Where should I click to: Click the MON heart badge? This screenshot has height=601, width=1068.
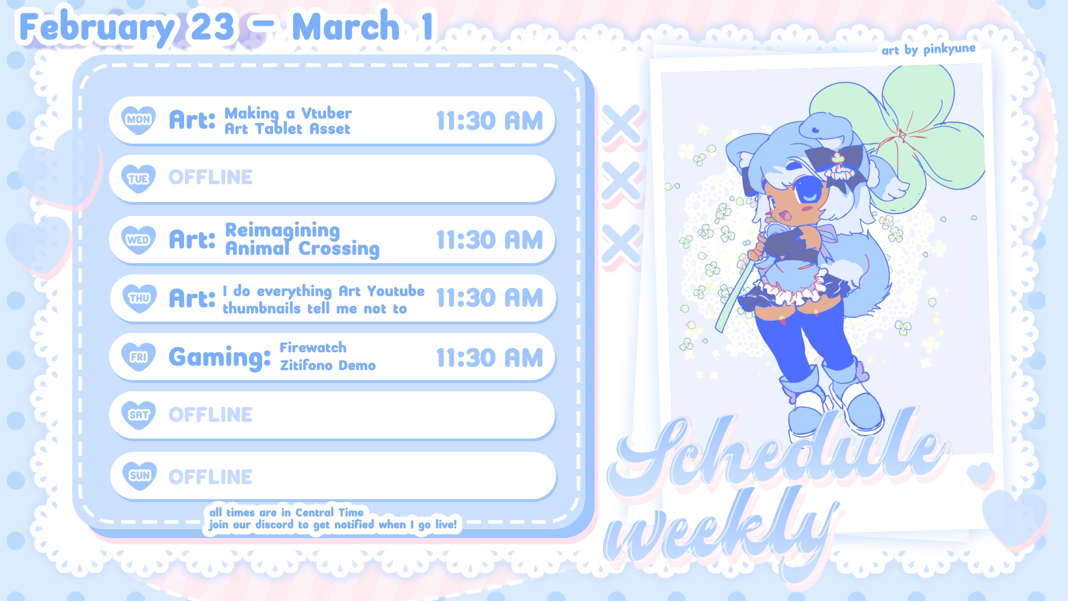pyautogui.click(x=139, y=120)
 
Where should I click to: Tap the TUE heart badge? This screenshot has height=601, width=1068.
pyautogui.click(x=139, y=179)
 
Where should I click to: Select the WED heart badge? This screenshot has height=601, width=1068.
pyautogui.click(x=139, y=240)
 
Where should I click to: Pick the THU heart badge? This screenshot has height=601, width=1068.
pyautogui.click(x=139, y=298)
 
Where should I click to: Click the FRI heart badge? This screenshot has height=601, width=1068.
pyautogui.click(x=139, y=357)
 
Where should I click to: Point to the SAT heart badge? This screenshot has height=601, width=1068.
pyautogui.click(x=139, y=415)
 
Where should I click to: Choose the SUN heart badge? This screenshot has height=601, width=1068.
pyautogui.click(x=140, y=476)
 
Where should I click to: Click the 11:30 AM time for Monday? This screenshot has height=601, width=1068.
pyautogui.click(x=489, y=121)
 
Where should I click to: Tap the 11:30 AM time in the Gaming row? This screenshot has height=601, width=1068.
pyautogui.click(x=489, y=358)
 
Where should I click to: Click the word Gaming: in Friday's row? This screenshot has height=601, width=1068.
pyautogui.click(x=220, y=358)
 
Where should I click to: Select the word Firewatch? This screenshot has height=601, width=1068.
pyautogui.click(x=313, y=348)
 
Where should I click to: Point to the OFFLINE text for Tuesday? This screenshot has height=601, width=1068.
pyautogui.click(x=210, y=178)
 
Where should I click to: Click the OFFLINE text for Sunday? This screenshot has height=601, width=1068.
pyautogui.click(x=210, y=477)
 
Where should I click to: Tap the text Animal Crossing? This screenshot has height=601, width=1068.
pyautogui.click(x=302, y=249)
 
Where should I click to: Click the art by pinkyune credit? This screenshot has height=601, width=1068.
pyautogui.click(x=928, y=50)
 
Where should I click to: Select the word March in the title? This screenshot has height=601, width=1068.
pyautogui.click(x=346, y=27)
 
